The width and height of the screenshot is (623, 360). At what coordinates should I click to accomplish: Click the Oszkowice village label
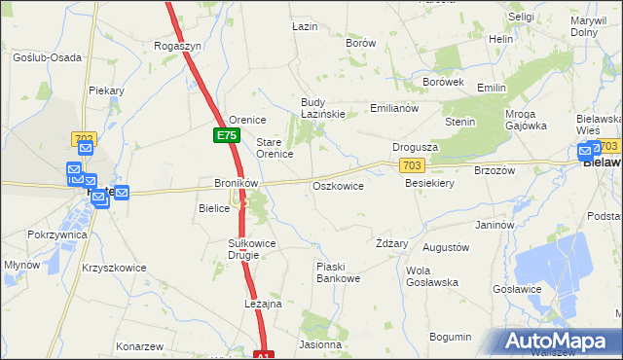pyautogui.click(x=338, y=186)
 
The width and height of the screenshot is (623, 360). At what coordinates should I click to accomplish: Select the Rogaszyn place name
pyautogui.click(x=178, y=46)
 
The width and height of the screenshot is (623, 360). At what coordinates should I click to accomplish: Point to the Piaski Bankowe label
pyautogui.click(x=339, y=272)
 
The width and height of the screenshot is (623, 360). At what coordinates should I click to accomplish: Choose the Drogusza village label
pyautogui.click(x=415, y=147)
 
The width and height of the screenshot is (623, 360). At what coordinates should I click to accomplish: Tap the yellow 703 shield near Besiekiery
pyautogui.click(x=412, y=167)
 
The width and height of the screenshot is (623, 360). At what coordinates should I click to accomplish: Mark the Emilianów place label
pyautogui.click(x=394, y=108)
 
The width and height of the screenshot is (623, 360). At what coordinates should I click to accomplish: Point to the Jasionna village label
pyautogui.click(x=320, y=344)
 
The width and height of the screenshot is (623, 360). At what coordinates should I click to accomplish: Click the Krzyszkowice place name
pyautogui.click(x=114, y=268)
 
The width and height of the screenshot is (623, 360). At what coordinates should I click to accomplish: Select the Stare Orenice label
pyautogui.click(x=275, y=148)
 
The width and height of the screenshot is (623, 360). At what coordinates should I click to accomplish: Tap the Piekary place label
pyautogui.click(x=106, y=90)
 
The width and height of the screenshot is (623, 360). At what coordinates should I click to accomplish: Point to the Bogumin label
pyautogui.click(x=450, y=337)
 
